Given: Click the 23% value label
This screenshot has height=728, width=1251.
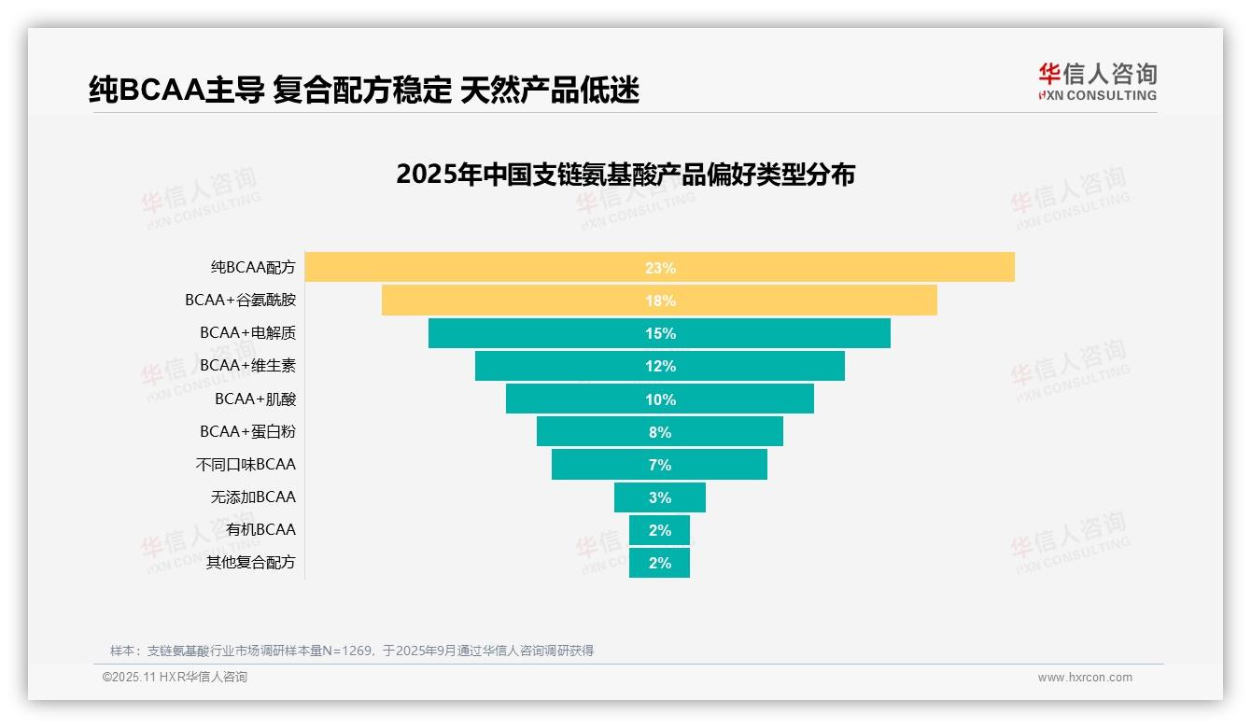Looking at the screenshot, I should click(x=660, y=268).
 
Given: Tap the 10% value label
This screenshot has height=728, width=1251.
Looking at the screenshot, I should click(x=660, y=399).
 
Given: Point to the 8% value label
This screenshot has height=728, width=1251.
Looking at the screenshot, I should click(x=660, y=432).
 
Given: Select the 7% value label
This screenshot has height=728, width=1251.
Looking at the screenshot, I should click(x=660, y=465).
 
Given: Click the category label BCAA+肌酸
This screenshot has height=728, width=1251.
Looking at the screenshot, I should click(x=255, y=399).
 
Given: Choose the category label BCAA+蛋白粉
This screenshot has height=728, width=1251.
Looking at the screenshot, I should click(x=247, y=431).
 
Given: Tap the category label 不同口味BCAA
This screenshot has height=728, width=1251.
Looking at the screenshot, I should click(x=246, y=464).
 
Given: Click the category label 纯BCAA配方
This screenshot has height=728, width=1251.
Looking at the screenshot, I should click(x=253, y=267).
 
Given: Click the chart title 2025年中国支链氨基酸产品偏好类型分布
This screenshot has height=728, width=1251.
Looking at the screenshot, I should click(x=625, y=175).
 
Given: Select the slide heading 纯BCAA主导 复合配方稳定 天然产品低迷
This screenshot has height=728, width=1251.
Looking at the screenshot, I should click(x=363, y=90).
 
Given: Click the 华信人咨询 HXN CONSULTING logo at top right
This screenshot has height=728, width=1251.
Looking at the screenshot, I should click(x=1097, y=81).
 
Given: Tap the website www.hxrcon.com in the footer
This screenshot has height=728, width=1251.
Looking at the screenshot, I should click(x=1084, y=678).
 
